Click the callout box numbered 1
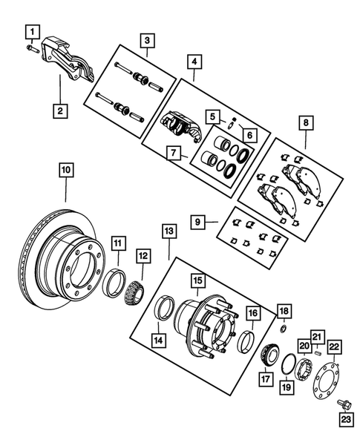[31, 30]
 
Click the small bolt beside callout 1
[30, 48]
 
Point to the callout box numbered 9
[197, 220]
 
